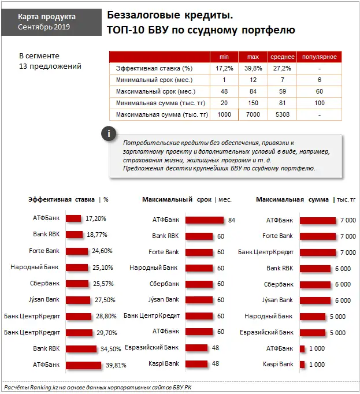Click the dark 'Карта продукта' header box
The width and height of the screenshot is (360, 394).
[47, 22]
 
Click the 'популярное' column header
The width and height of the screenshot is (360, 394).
[319, 57]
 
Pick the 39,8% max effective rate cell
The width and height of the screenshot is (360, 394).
[253, 68]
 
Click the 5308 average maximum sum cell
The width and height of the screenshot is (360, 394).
[282, 115]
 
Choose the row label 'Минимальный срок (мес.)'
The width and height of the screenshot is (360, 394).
[154, 80]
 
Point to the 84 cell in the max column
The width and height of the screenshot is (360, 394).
[253, 91]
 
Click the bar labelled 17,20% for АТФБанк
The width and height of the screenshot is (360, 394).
[73, 218]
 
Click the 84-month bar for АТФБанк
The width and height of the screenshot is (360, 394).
[205, 220]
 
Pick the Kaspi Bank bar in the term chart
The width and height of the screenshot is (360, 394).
[197, 364]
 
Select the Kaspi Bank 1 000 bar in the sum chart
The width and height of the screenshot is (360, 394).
[302, 365]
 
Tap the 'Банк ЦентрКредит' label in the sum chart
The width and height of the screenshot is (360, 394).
[265, 252]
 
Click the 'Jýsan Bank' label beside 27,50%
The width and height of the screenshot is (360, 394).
[44, 299]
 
